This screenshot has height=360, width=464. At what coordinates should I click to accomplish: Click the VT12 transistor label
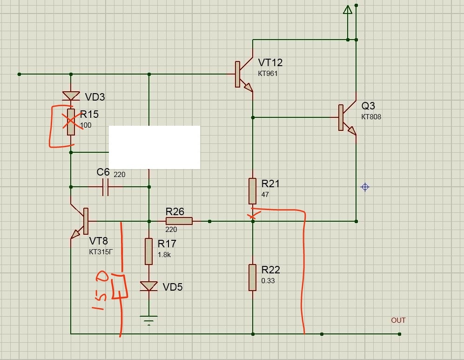coord(270,62)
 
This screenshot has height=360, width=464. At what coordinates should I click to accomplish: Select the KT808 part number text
coord(371,116)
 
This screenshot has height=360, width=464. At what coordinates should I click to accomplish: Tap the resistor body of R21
coord(252,191)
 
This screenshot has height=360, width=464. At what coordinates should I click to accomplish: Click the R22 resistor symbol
coord(252,278)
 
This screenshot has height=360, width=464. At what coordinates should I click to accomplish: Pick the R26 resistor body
coord(179,221)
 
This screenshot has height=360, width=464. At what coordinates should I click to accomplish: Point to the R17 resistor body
coord(148,251)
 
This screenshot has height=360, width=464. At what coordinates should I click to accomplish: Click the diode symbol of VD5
coord(148,286)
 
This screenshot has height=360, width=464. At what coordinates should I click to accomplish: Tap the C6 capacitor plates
coord(105,187)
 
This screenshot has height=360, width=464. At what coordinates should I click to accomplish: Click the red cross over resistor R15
coord(72,121)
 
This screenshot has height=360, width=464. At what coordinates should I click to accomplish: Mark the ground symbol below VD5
coord(148,320)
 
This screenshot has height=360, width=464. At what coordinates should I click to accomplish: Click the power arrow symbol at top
coord(348,10)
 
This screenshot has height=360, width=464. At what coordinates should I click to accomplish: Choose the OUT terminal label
coord(398,320)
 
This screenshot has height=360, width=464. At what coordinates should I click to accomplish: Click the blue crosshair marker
coord(365,187)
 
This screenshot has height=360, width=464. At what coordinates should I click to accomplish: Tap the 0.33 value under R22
coord(268,281)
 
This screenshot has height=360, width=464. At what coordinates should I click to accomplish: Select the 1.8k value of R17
coord(164,255)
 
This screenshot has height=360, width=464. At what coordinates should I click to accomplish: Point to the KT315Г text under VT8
coord(101,252)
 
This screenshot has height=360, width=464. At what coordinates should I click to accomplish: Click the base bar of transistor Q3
coord(341,117)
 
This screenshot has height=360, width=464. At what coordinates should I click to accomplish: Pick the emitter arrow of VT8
coord(76,234)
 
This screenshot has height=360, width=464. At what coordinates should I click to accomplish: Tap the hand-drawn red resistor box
coord(119,286)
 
